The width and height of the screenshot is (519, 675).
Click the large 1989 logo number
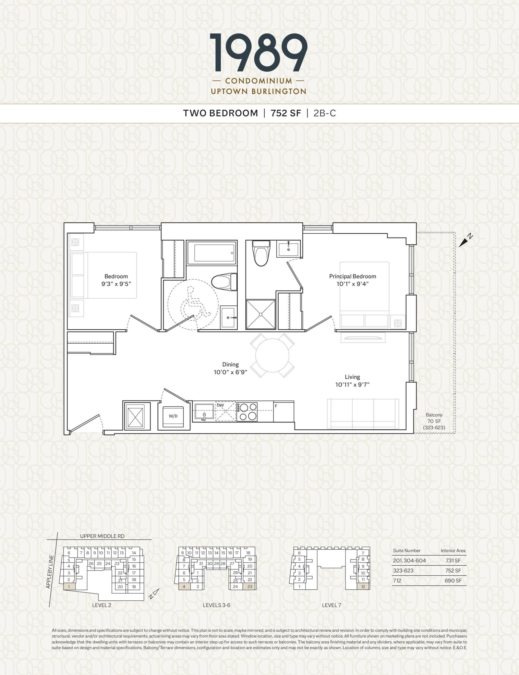259,54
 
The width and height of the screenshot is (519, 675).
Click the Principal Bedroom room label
353,276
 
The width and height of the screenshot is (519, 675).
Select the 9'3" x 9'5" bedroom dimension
116,283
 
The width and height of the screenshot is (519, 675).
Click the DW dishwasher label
220,405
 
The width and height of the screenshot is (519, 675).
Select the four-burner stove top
247,411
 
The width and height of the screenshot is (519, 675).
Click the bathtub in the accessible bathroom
211,253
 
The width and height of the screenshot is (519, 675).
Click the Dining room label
231,364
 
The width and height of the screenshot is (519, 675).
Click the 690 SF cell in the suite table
453,581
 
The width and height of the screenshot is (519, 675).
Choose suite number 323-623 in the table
403,571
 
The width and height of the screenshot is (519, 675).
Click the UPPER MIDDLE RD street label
102,536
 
